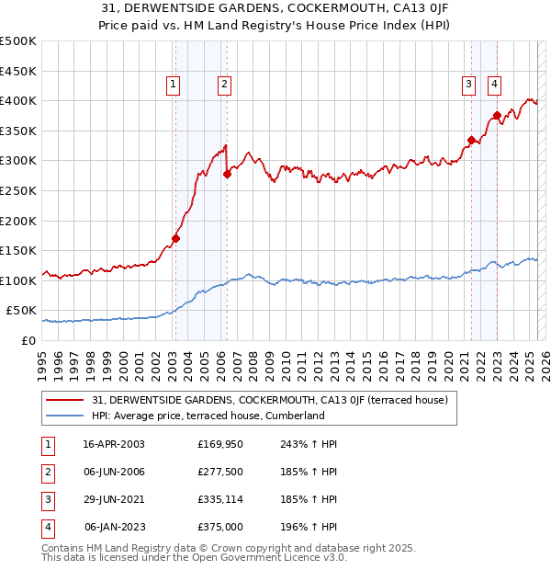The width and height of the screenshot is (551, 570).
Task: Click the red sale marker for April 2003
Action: (x=175, y=239)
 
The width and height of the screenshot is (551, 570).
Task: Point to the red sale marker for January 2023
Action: (x=497, y=116)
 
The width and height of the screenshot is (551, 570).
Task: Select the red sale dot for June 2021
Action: (x=471, y=140)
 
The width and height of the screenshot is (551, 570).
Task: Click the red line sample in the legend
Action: (x=66, y=400)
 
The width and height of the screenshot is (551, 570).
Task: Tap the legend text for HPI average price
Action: (x=208, y=416)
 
